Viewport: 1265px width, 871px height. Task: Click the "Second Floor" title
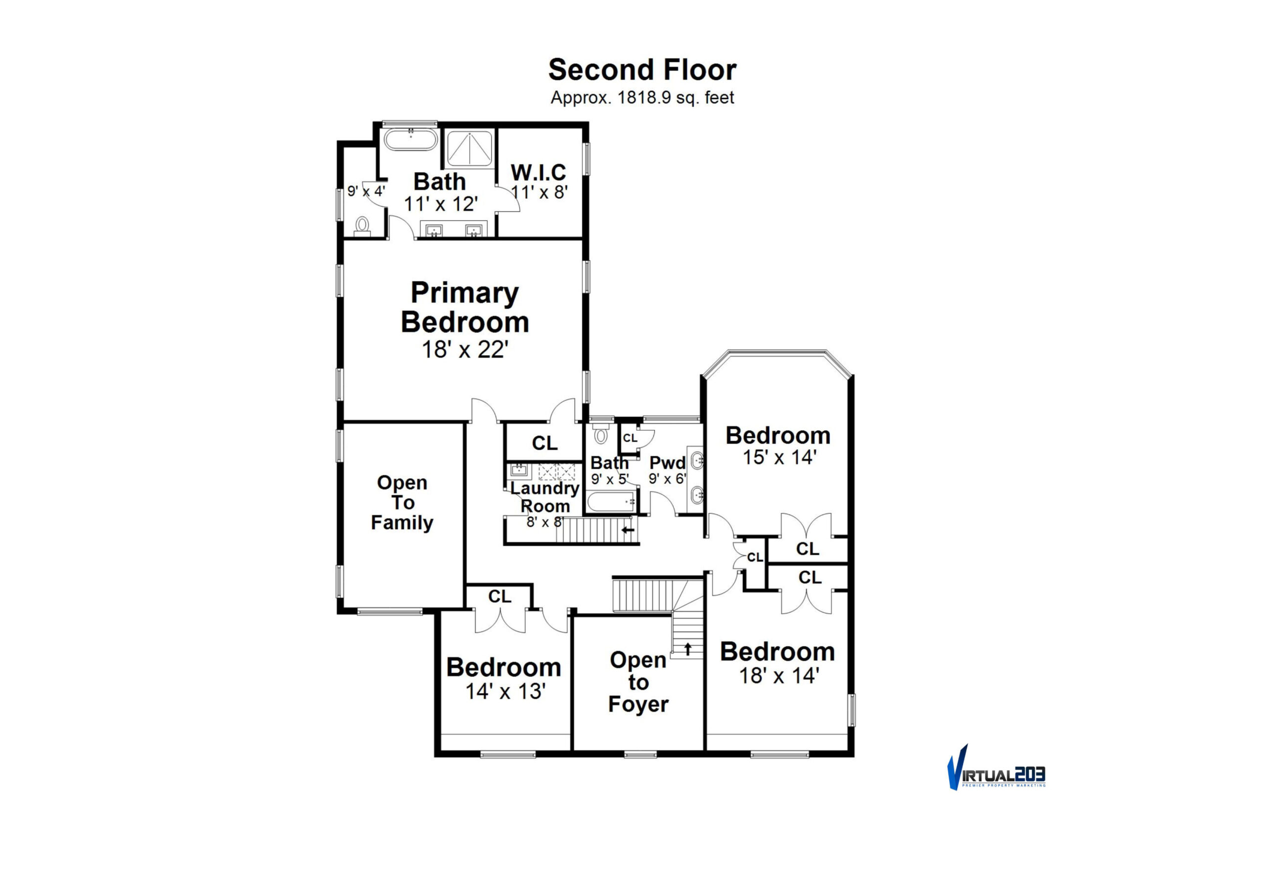[642, 70]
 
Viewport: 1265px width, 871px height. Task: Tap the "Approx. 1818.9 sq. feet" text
[642, 98]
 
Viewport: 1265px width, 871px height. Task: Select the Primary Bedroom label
[465, 307]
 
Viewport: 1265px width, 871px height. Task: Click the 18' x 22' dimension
[465, 349]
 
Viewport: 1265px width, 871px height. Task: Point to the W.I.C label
[539, 172]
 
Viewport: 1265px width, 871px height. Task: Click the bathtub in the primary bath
[411, 140]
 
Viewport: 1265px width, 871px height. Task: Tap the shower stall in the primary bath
[469, 148]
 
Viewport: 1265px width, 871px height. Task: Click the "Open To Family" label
[402, 502]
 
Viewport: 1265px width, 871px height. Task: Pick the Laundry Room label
[545, 497]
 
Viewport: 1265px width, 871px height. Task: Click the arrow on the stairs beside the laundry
[628, 529]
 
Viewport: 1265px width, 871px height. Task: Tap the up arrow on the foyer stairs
[688, 648]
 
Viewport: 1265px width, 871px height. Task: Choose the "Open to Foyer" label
[638, 682]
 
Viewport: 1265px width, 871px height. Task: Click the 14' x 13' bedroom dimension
[506, 692]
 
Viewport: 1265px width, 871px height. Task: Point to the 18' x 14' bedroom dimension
[779, 676]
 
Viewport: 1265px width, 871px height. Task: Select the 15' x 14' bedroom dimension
[779, 457]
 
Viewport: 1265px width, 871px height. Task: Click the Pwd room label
[667, 463]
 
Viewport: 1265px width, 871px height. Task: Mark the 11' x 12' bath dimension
[441, 204]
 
